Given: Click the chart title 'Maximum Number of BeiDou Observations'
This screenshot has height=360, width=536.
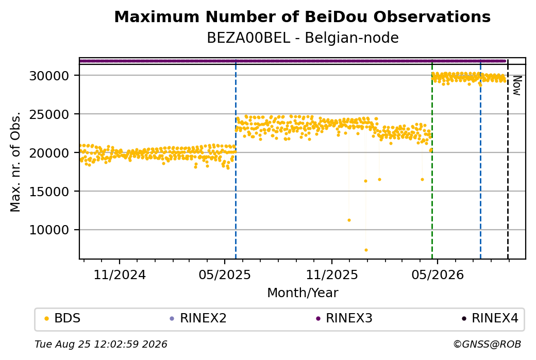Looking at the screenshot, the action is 302,16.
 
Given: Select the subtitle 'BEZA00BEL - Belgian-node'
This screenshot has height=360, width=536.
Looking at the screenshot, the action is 303,38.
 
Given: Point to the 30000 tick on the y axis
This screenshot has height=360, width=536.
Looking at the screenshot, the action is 49,76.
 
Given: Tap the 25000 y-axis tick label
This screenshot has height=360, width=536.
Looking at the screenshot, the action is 49,114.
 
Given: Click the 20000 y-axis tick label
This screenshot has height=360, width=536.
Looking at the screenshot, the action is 49,153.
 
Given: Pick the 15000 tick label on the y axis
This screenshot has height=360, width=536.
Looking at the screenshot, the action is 49,192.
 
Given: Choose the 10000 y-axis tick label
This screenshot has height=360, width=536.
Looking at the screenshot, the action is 49,230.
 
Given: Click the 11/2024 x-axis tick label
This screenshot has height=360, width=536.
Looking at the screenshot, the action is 120,275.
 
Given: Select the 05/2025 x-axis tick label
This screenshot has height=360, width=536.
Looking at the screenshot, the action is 225,275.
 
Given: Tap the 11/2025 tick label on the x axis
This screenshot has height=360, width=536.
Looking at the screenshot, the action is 331,275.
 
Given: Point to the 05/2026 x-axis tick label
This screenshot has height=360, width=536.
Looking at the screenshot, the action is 438,275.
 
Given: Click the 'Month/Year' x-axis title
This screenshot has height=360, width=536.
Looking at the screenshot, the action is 303,293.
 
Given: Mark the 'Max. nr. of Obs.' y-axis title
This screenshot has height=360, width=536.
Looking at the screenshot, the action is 15,162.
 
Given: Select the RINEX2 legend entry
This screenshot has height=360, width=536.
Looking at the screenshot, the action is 198,318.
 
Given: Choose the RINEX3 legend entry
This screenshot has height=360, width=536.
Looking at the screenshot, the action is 344,318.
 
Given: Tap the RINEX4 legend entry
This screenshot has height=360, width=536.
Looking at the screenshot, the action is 490,318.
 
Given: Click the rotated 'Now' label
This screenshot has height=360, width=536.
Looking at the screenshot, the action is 517,85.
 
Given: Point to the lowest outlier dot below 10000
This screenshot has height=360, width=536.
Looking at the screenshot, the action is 366,250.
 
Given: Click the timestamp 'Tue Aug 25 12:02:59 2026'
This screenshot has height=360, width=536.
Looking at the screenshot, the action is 101,344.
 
